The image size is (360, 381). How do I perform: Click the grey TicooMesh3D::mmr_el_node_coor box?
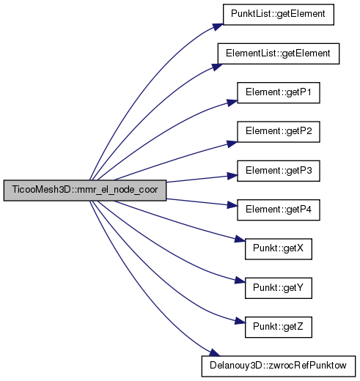[x=85, y=190]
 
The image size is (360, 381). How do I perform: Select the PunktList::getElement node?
[x=279, y=15]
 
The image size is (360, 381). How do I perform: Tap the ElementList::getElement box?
[x=279, y=53]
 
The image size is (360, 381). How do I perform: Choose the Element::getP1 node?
[x=279, y=93]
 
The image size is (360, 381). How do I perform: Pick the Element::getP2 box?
[x=279, y=132]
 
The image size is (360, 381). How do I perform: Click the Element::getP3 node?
[x=279, y=171]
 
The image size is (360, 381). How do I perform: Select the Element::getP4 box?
[x=279, y=210]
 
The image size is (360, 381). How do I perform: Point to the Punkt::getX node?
[x=279, y=249]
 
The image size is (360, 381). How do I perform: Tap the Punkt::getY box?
[x=279, y=288]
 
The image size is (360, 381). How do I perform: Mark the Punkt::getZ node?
[x=279, y=328]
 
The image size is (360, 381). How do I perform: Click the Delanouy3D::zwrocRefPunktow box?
[x=279, y=366]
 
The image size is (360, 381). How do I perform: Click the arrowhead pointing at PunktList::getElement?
[x=218, y=26]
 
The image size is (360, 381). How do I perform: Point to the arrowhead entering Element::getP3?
[x=232, y=176]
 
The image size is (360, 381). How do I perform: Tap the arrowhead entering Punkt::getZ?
[x=240, y=321]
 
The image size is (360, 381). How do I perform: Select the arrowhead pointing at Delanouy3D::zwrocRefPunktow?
[x=215, y=353]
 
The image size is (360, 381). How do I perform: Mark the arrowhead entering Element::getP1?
[x=232, y=103]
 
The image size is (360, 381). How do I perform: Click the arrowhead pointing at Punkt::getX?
[x=240, y=239]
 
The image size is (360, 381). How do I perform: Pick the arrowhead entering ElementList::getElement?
[x=217, y=67]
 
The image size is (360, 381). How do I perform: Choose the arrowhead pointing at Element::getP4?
[x=232, y=205]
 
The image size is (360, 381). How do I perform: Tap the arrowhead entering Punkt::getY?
[x=240, y=280]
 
